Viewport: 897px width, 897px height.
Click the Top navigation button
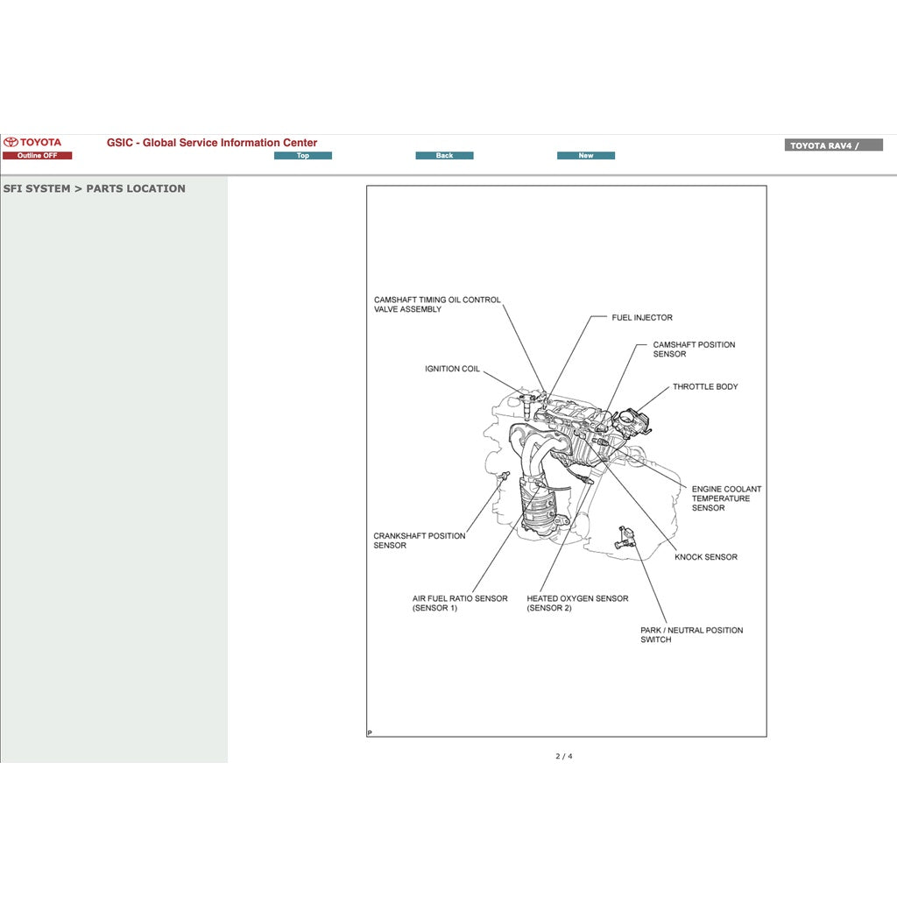click(x=302, y=156)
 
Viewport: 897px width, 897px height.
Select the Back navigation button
click(x=444, y=156)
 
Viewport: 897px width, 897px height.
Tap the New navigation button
click(x=585, y=156)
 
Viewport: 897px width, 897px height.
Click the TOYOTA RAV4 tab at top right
click(x=833, y=145)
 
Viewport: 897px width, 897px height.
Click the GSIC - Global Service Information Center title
click(x=212, y=143)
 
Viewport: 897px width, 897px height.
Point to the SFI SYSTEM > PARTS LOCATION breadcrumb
click(x=95, y=188)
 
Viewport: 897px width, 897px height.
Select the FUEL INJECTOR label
click(x=642, y=318)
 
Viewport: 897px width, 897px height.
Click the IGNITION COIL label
click(x=452, y=369)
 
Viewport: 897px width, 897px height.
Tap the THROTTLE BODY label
click(x=705, y=387)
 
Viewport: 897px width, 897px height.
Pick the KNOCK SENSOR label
click(x=706, y=557)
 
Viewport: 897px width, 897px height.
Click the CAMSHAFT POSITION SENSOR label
click(x=694, y=350)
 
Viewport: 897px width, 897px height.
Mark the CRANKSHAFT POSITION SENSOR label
click(x=420, y=540)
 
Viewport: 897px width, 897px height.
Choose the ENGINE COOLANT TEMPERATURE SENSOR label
click(x=726, y=498)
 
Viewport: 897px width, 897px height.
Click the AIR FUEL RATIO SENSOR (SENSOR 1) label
click(x=460, y=604)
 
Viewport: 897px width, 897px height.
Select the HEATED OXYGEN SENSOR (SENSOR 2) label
click(x=577, y=604)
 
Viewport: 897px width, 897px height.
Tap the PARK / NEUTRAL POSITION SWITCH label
click(x=691, y=635)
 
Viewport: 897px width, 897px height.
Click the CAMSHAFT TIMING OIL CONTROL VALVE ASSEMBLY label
click(x=437, y=304)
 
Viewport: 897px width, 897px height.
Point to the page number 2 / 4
click(x=564, y=756)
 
